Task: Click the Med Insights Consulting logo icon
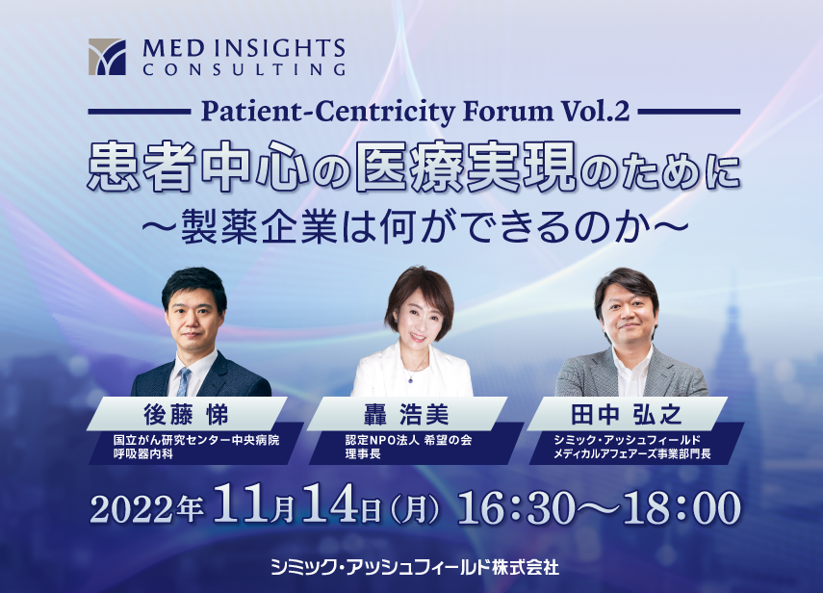coord(107,57)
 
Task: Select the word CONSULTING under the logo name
coord(244,69)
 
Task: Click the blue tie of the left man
coord(184,381)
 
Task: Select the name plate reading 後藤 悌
coord(187,414)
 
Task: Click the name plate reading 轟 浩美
coord(407,414)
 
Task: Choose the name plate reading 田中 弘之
coord(627,414)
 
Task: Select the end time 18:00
coord(682,507)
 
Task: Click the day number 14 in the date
coord(330,504)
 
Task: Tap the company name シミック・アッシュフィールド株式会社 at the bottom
coord(415,567)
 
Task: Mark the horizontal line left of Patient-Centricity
coord(140,112)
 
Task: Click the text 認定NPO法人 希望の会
coord(408,440)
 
